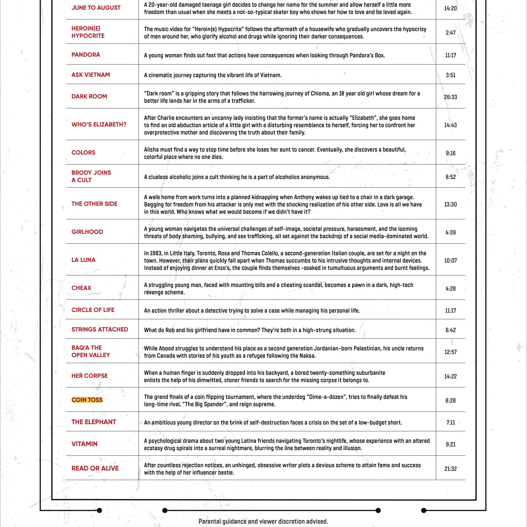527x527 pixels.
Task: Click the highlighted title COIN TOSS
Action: (87, 400)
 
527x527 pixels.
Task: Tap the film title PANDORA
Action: (86, 55)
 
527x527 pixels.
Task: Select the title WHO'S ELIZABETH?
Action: (99, 124)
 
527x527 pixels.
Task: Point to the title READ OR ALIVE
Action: (95, 468)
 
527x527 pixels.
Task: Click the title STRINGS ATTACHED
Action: (100, 329)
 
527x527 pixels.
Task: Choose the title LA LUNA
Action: (83, 260)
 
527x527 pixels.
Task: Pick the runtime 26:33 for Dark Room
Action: (450, 97)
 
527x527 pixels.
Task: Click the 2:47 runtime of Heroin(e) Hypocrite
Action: (450, 33)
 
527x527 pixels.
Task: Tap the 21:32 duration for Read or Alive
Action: (450, 469)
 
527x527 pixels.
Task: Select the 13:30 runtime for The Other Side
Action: (450, 204)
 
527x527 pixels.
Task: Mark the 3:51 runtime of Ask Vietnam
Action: (450, 75)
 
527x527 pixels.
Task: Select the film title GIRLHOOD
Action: (87, 232)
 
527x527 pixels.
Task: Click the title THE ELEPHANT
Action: (94, 422)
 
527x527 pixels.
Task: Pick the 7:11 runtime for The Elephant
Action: (450, 422)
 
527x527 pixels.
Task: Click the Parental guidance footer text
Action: (263, 521)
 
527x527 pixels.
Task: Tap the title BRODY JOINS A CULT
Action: (91, 176)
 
